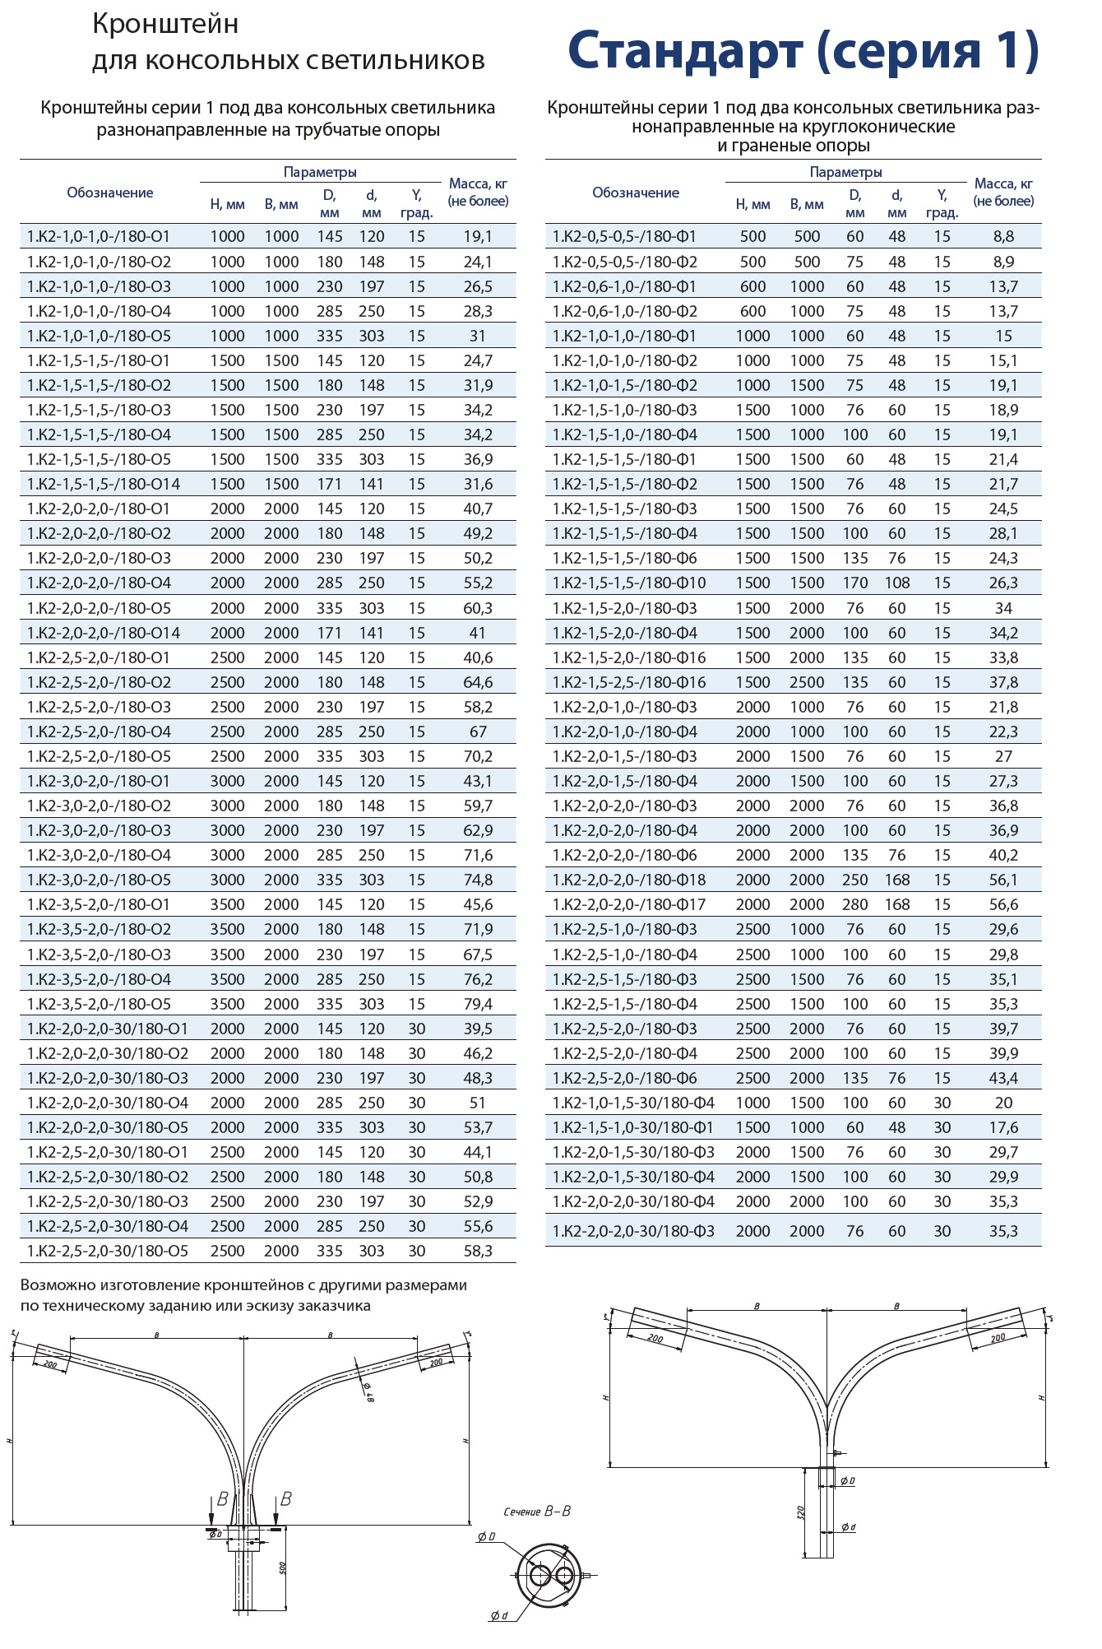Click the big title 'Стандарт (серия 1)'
click(x=803, y=51)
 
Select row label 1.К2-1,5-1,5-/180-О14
click(x=104, y=485)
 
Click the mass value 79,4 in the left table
click(x=478, y=1004)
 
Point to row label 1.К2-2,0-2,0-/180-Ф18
click(x=629, y=880)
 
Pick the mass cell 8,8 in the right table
click(x=1003, y=236)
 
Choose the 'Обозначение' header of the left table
click(x=110, y=193)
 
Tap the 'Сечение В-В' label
click(x=537, y=1512)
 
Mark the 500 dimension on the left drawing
click(x=282, y=1568)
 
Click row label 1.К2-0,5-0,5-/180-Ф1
click(x=625, y=236)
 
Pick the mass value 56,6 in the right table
click(x=1003, y=904)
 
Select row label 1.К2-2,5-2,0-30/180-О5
click(x=108, y=1251)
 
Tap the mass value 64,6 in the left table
click(x=478, y=682)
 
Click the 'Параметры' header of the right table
click(x=845, y=172)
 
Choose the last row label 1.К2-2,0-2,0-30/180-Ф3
click(x=633, y=1231)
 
